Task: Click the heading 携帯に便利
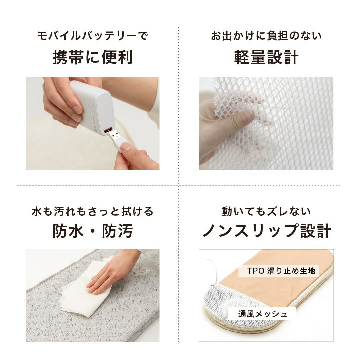93,57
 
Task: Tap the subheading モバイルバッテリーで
93,36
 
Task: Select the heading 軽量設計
266,57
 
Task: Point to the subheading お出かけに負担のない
266,36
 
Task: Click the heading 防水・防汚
93,231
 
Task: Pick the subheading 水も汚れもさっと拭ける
93,211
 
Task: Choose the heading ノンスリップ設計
267,231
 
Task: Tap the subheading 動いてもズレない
266,211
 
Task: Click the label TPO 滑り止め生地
281,271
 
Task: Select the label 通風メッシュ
262,314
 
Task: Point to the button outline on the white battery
87,105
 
